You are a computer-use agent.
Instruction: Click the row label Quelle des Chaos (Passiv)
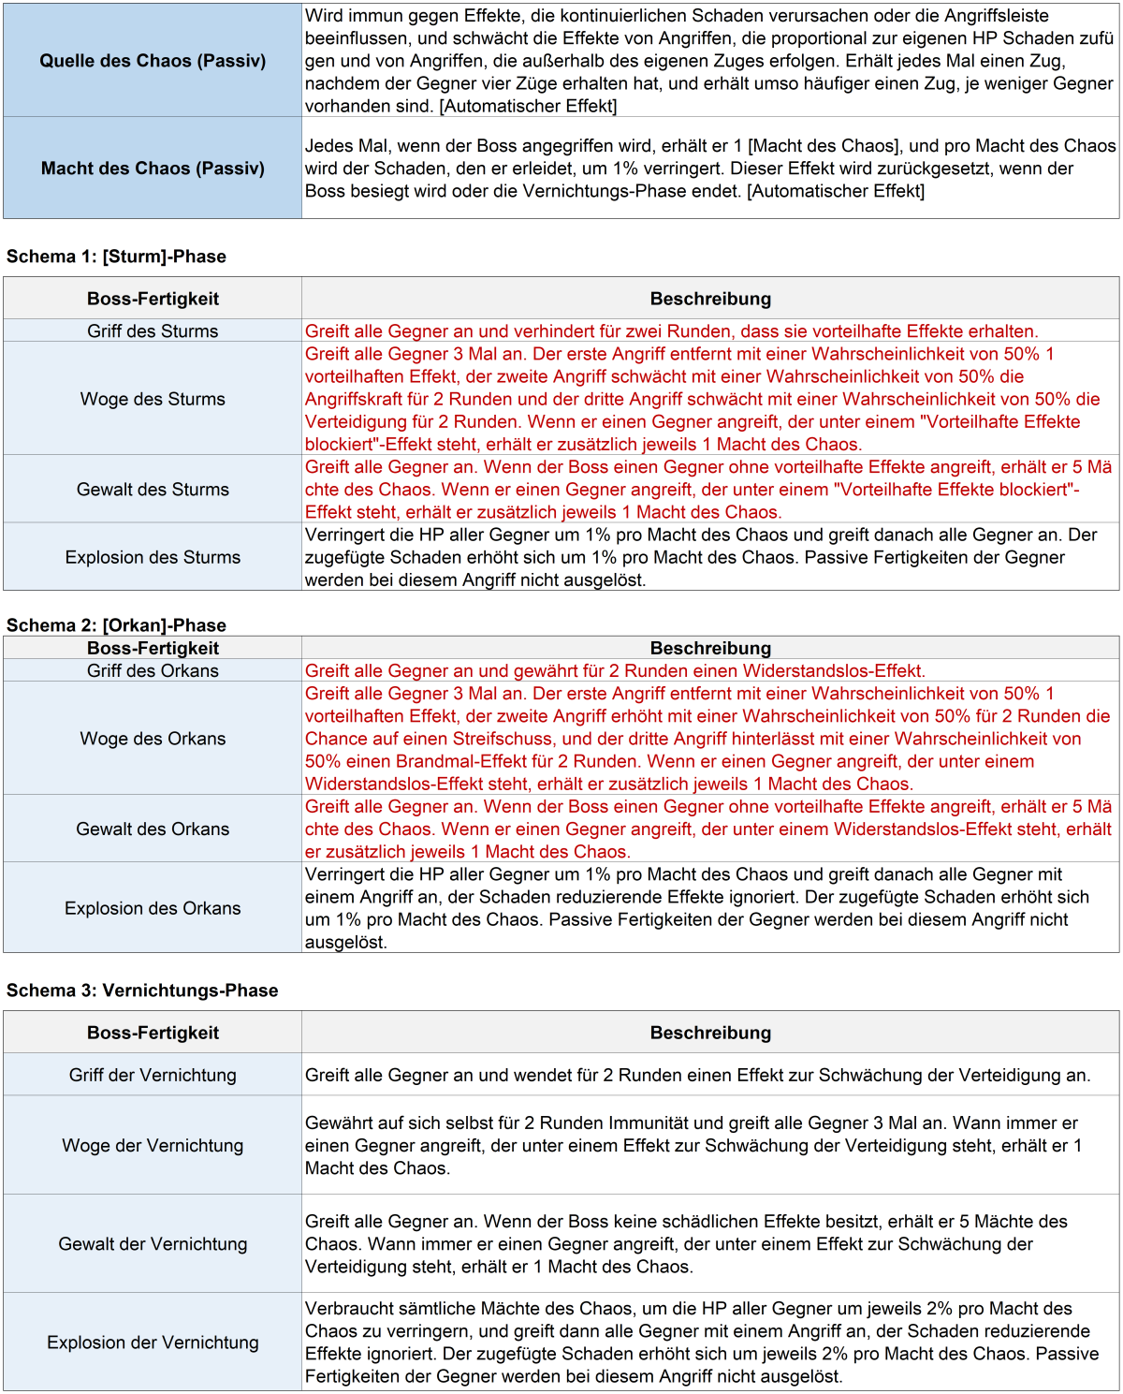153,61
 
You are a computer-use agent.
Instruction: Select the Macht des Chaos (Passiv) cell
153,169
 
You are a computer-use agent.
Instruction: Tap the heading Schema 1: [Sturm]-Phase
117,257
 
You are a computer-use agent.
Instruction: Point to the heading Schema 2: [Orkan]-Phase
117,625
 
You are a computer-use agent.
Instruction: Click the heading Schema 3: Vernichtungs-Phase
142,990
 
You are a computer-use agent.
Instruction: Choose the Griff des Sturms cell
153,331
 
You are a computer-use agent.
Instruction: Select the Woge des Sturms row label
153,399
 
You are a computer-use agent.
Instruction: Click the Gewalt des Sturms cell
153,490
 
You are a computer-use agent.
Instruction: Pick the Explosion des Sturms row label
153,557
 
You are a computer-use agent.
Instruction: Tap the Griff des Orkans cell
153,671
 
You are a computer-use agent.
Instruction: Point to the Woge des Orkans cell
153,739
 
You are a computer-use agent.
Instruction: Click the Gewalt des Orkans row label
153,829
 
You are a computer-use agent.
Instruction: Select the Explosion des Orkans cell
153,908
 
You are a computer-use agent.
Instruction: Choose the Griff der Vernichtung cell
153,1075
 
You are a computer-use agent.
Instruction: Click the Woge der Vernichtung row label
153,1145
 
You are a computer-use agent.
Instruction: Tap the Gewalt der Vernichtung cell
153,1244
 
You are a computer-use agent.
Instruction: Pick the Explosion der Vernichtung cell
153,1343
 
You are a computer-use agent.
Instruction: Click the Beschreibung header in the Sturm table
710,299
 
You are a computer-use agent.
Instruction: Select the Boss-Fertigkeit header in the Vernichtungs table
153,1033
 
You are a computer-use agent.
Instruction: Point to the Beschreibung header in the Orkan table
710,648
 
